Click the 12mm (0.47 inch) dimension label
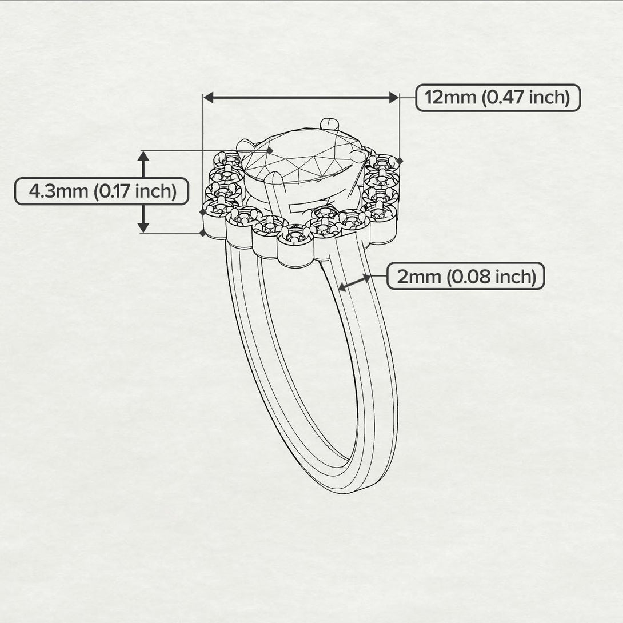[497, 98]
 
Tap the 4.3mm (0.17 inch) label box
[102, 191]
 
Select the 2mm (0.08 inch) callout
[466, 277]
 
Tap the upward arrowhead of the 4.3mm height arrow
[143, 156]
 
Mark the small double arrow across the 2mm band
[354, 282]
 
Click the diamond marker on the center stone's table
[270, 151]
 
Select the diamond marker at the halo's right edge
[399, 161]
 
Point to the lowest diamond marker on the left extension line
[203, 233]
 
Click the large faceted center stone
[303, 157]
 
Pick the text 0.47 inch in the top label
[526, 98]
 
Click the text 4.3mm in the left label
[58, 191]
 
